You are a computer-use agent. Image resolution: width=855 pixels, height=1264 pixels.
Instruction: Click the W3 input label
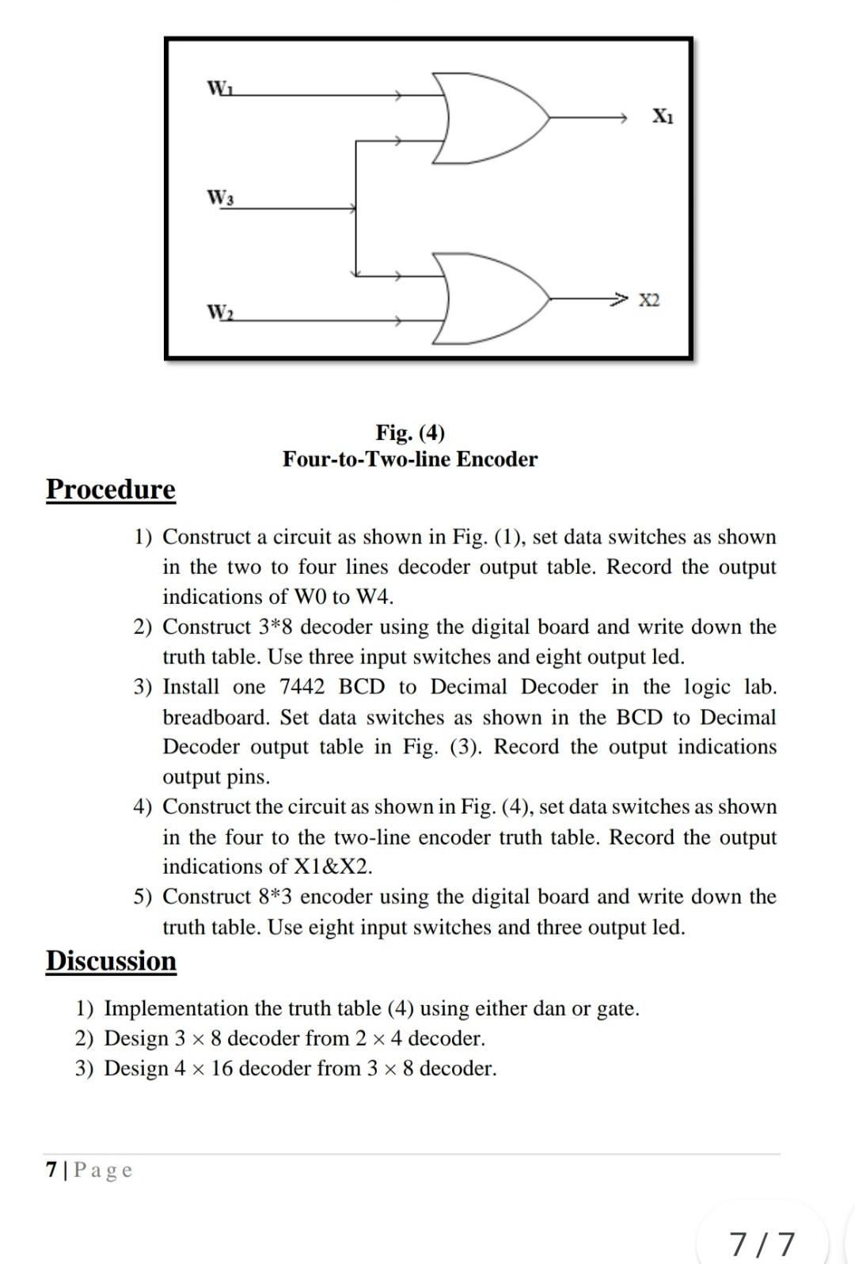click(219, 197)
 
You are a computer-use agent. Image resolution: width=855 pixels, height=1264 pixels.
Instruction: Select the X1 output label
click(663, 116)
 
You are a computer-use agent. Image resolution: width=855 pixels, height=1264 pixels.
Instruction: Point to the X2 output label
click(649, 300)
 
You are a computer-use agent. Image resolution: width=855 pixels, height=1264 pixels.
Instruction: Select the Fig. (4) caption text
click(410, 432)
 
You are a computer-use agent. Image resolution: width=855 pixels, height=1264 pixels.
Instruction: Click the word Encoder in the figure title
click(497, 459)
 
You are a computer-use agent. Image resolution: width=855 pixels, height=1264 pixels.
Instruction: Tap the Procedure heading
click(111, 489)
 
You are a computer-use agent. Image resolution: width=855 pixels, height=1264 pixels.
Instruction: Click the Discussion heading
click(111, 961)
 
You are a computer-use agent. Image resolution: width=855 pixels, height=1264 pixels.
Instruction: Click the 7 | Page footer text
click(89, 1170)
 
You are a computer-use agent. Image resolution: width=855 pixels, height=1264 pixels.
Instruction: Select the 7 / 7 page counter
click(762, 1243)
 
